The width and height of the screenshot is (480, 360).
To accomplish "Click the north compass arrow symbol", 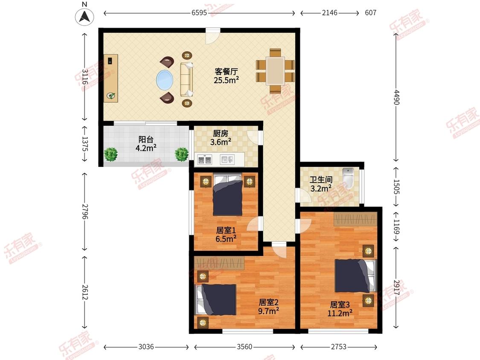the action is coord(84,16).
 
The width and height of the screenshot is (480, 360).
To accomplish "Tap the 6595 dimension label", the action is coord(199,12).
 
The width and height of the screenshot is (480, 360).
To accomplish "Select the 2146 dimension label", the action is coord(329,12).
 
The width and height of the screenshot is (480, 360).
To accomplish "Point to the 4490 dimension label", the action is coord(396,97).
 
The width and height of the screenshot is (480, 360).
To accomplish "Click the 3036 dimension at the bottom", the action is coord(146,346).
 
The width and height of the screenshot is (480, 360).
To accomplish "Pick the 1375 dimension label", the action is coord(85,144).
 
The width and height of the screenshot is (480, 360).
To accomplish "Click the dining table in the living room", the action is coord(275,71).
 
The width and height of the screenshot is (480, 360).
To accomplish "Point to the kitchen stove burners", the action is coord(204,160).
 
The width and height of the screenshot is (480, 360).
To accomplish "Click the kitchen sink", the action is coord(227,160).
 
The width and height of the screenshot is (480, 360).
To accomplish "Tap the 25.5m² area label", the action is coord(226,80).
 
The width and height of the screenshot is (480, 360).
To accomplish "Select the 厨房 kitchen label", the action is coord(221,134).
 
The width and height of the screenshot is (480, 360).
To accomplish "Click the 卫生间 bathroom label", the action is coord(321,180).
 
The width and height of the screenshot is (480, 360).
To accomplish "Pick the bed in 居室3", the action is coord(355,276).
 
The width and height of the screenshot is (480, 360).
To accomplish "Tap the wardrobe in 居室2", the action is coord(219,263).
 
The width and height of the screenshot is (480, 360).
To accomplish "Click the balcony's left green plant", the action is coord(111,154).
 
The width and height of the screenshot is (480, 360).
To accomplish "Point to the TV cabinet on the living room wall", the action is coord(111,78).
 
